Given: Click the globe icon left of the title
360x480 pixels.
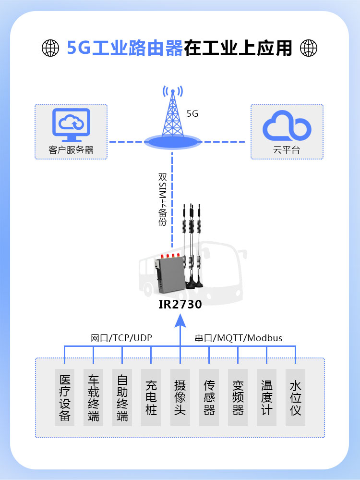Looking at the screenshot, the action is click(x=50, y=48).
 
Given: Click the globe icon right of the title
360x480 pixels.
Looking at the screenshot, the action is click(x=309, y=48).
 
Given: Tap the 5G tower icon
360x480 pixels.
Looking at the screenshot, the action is click(x=173, y=117).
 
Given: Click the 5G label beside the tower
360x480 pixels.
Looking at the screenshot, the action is click(x=192, y=113).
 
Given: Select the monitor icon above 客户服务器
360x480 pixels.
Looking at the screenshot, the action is click(x=71, y=125).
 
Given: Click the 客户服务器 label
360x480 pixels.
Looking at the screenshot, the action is click(x=71, y=150).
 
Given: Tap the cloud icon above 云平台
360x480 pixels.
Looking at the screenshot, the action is click(x=287, y=125).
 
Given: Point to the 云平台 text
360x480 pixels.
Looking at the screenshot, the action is click(x=287, y=150).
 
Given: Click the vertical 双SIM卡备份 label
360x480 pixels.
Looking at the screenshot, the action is click(x=162, y=199).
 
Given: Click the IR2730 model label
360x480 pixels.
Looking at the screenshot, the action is click(x=180, y=304).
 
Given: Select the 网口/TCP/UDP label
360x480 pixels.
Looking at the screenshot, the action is click(x=121, y=338).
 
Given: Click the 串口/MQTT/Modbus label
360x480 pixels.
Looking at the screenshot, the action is click(x=239, y=338).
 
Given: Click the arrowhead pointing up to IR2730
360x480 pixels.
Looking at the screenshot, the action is click(x=180, y=321).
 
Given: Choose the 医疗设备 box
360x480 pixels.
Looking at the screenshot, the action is click(x=64, y=397).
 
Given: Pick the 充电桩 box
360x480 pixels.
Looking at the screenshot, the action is click(x=151, y=397).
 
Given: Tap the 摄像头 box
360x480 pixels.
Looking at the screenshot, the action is click(x=180, y=397).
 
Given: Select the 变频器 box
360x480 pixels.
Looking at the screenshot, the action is click(x=238, y=397).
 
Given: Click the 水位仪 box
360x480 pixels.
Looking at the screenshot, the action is click(x=296, y=397).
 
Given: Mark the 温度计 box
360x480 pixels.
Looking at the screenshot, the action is click(x=267, y=397).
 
